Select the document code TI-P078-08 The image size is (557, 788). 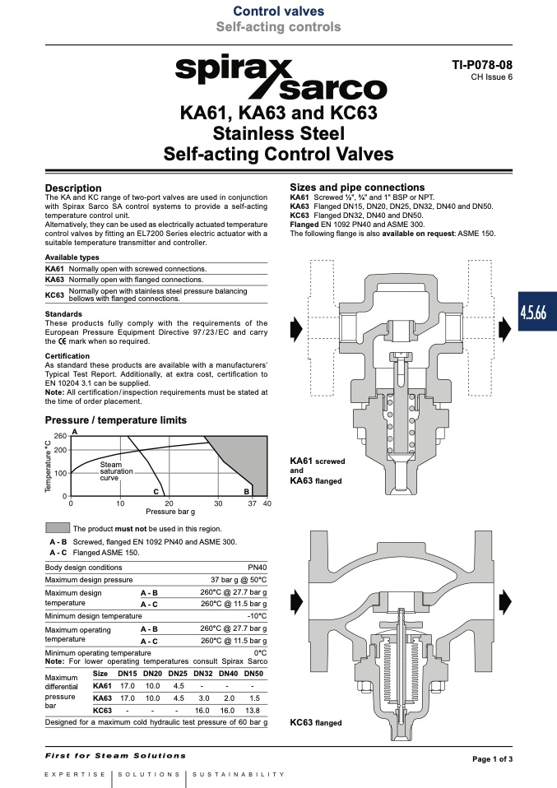coord(482,65)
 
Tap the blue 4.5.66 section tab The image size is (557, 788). coord(537,312)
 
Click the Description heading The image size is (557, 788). coord(73,188)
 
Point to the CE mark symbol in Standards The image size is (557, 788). coord(62,341)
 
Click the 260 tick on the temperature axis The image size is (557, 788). coord(60,436)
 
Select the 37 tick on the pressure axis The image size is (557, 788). coord(252,503)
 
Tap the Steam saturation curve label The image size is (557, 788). coord(116,471)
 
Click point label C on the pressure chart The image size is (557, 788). coord(155,492)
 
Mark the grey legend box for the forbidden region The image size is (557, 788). coord(58,528)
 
